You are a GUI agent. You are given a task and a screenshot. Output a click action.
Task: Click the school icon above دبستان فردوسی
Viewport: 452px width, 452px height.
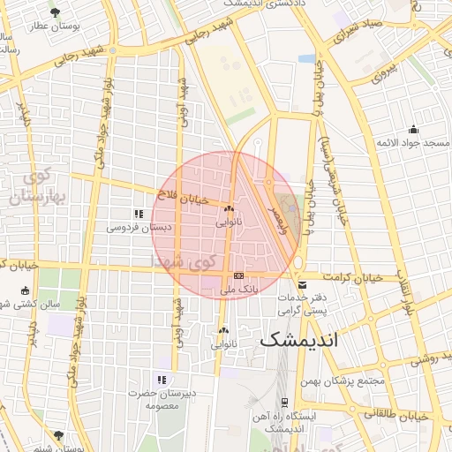point(138,214)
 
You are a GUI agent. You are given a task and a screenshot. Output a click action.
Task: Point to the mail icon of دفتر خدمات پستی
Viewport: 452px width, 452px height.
point(303,285)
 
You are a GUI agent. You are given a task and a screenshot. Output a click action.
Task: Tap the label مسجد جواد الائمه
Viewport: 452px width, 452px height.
point(412,142)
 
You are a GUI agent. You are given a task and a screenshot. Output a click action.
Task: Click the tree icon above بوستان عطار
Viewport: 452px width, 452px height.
point(56,12)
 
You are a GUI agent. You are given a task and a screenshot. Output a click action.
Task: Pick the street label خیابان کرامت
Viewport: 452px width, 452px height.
point(353,277)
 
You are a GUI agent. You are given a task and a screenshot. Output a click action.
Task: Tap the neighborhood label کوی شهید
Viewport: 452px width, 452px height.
point(184,261)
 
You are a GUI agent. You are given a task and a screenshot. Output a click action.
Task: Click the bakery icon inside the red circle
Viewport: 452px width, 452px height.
point(229,209)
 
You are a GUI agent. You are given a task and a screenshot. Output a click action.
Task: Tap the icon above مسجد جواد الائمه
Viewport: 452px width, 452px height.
point(412,129)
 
